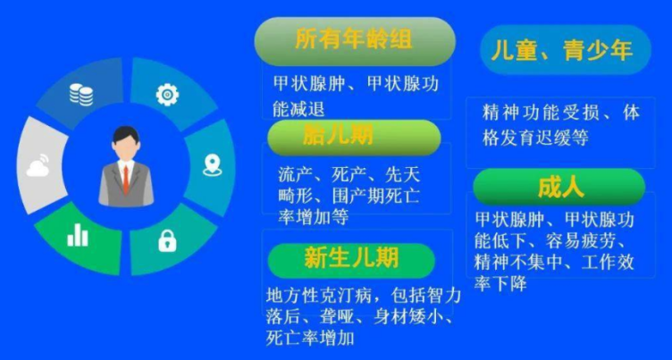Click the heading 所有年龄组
tap(354, 40)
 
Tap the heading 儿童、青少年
tap(562, 51)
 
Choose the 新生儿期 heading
tap(351, 258)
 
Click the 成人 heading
tap(560, 188)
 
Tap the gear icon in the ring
tap(167, 95)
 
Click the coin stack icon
tap(81, 95)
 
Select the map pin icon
tap(212, 165)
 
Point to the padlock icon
tap(167, 241)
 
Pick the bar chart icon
tap(78, 236)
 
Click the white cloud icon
tap(38, 166)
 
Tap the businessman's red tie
tap(126, 180)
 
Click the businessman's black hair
tap(126, 134)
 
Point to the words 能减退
tap(298, 109)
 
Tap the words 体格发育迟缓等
tap(535, 138)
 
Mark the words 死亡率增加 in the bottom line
tap(310, 339)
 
